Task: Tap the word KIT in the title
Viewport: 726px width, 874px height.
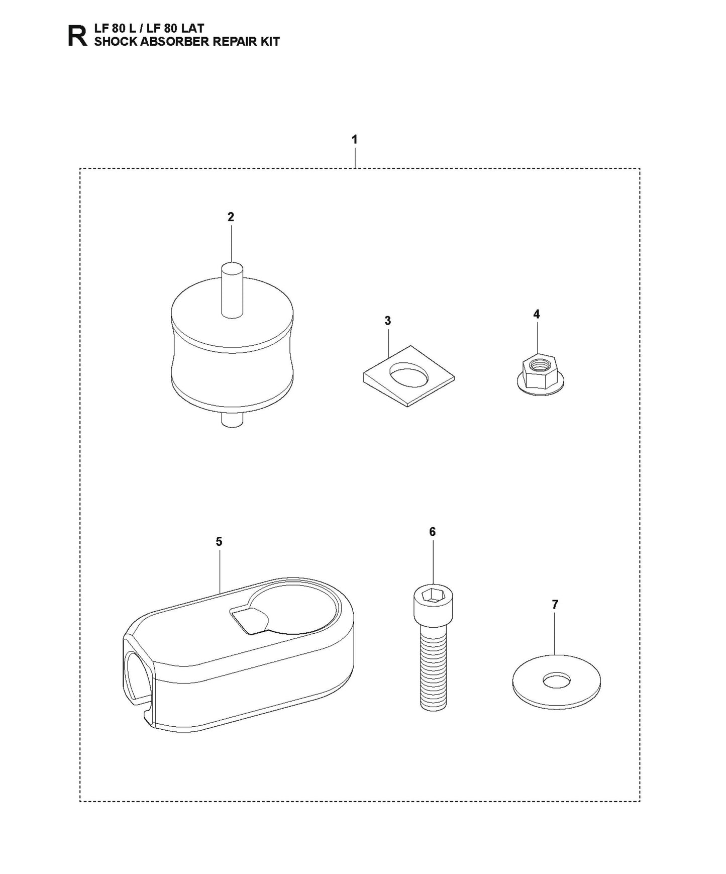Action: (268, 42)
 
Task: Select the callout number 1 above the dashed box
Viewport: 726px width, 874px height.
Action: (355, 139)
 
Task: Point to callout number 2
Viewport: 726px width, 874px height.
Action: (231, 217)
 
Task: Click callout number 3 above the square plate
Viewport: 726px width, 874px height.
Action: (387, 321)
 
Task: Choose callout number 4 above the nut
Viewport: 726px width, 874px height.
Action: (537, 314)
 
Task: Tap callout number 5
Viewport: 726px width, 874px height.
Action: (219, 541)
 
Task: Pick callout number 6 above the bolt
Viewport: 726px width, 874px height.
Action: (432, 532)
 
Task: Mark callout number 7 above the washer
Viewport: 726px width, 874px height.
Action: (555, 605)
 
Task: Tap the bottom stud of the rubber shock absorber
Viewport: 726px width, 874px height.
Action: (232, 420)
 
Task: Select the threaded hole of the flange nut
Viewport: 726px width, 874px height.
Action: (539, 360)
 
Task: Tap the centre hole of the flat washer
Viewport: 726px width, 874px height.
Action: (557, 681)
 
